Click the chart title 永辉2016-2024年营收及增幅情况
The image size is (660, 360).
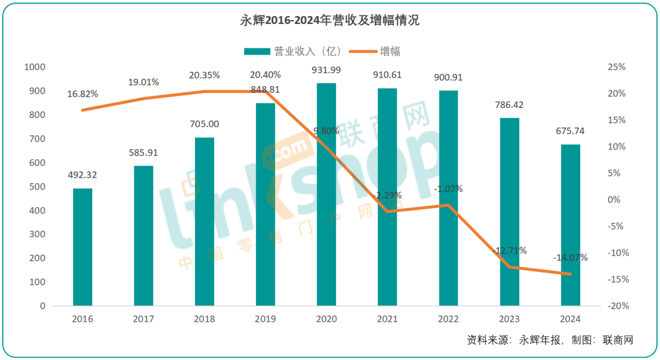[329, 21]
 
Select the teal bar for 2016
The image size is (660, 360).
[83, 247]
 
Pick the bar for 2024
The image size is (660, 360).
[570, 225]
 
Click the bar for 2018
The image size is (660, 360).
[204, 221]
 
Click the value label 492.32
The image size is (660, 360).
[83, 175]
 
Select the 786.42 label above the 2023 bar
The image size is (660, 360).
[510, 105]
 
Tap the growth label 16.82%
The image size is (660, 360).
[83, 94]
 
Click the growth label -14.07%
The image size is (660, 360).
[570, 258]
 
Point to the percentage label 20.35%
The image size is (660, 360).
[204, 75]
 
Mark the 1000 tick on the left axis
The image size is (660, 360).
[35, 67]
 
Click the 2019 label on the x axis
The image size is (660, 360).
[265, 319]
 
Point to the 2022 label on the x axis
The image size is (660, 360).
[449, 319]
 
